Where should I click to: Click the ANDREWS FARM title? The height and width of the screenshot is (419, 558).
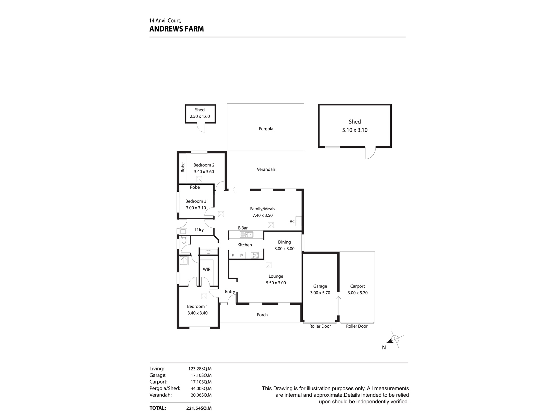coord(177,29)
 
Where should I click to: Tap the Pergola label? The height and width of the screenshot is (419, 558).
coord(266,129)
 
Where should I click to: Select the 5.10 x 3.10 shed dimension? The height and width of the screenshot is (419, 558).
coord(355,130)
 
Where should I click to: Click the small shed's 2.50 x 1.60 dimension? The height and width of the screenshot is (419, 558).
coord(200,116)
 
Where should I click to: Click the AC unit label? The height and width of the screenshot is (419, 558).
coord(292,222)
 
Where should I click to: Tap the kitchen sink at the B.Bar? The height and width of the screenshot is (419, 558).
coord(246,235)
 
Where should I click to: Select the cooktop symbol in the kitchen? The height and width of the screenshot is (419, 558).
coord(255,255)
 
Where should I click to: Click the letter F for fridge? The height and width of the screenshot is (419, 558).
coord(232,256)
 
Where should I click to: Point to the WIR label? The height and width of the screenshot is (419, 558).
coord(206,269)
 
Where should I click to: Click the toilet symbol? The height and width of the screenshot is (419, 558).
coord(184,240)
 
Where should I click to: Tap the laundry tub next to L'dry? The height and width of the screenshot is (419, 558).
coord(183,232)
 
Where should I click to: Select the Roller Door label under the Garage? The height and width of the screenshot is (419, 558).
coord(320,326)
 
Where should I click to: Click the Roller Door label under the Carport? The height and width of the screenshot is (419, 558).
coord(357,326)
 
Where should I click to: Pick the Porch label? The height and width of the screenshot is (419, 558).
coord(262,315)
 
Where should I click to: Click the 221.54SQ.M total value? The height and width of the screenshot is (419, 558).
coord(199,408)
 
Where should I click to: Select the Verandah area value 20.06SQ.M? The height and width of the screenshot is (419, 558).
coord(200,395)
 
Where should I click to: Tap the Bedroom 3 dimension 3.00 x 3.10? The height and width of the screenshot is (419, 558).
coord(196,208)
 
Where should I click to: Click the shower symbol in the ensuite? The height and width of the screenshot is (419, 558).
coord(184,260)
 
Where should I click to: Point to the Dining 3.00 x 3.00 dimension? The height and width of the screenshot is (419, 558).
coord(284,249)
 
